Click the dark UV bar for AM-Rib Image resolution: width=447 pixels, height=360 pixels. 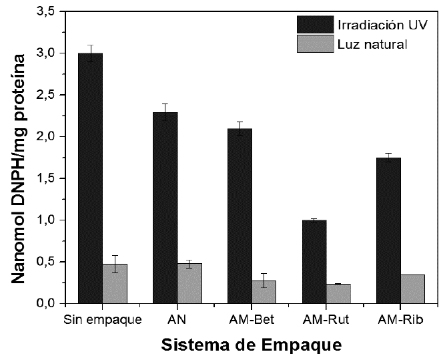pos(388,230)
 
